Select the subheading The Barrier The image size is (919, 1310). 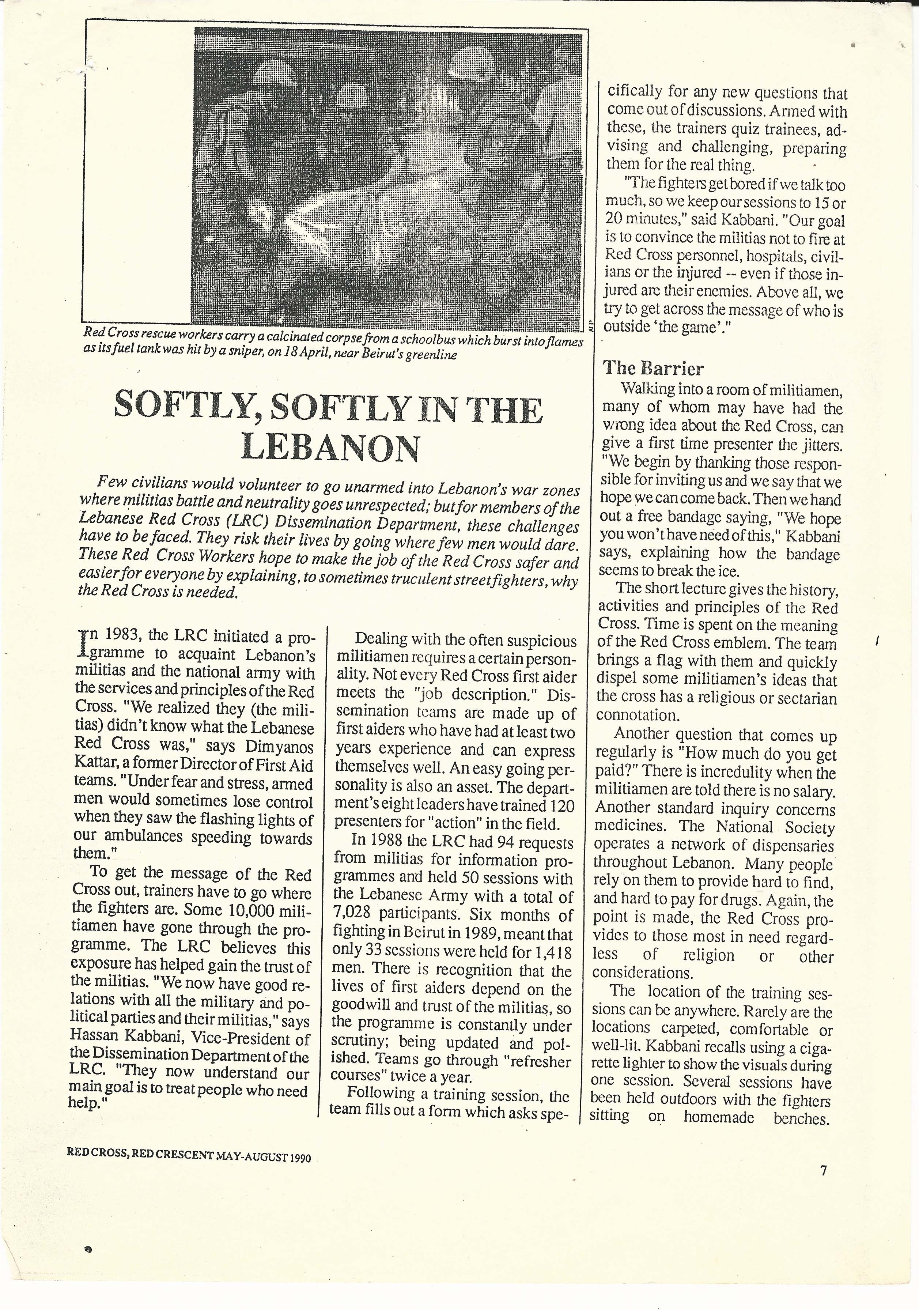click(x=653, y=369)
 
